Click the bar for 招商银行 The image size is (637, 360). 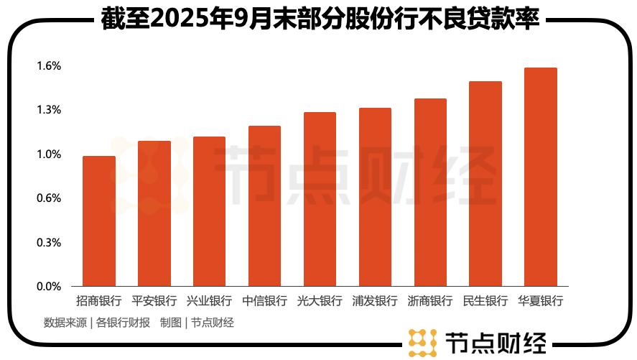coord(99,221)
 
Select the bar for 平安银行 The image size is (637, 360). coord(154,213)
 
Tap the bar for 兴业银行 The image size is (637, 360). coord(209,211)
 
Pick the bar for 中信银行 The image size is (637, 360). coord(264,206)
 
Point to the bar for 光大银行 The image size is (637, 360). coord(320,199)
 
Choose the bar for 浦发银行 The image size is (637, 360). coord(375,197)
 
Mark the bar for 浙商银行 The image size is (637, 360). coord(430,193)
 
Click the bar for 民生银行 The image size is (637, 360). coord(485,184)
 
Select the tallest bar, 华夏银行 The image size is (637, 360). coord(540,177)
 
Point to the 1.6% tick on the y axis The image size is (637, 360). coord(50,66)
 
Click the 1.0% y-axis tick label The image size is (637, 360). coord(50,154)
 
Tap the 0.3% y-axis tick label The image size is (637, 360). coord(50,243)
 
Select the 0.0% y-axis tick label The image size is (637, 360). coord(50,287)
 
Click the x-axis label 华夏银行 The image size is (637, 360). coord(540,301)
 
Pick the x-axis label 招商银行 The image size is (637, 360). coord(99,301)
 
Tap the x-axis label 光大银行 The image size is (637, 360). coord(320,301)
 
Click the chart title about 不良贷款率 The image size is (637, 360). coord(320,20)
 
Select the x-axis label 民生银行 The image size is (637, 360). coord(485,301)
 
